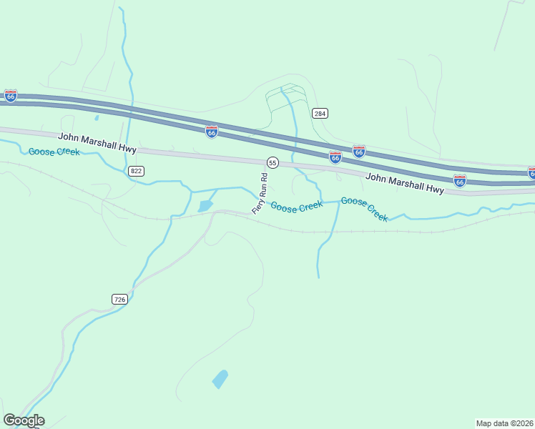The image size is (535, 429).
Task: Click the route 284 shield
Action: tap(320, 113)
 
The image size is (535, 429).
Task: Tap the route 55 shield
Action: tap(273, 163)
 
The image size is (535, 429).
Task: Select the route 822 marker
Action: tap(136, 171)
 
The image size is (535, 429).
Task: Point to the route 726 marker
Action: tap(119, 299)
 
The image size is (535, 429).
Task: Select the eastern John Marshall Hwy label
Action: tap(405, 184)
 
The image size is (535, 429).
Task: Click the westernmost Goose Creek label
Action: tap(54, 152)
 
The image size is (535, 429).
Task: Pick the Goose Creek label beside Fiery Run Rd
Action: tap(296, 207)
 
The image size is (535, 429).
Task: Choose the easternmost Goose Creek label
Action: tap(365, 209)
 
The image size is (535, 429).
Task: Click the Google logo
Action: tap(24, 420)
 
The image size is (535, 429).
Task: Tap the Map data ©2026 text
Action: tap(505, 423)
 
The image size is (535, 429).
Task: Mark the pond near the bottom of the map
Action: tap(220, 379)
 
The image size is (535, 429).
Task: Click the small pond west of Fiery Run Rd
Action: tap(205, 207)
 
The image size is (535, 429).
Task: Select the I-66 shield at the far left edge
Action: tap(10, 95)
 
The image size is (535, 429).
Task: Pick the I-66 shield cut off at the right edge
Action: tap(531, 172)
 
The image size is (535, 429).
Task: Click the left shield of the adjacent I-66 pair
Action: tap(335, 157)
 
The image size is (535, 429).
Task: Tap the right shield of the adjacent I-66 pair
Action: tap(359, 152)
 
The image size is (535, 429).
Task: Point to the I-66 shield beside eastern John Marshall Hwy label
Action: tap(459, 180)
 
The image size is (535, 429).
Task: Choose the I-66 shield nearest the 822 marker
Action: tap(211, 132)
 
